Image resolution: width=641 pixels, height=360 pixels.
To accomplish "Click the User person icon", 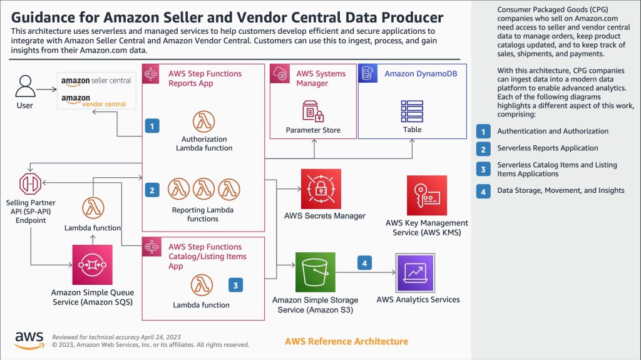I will pos(24,87).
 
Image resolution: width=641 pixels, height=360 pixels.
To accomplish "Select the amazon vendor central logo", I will pos(94,101).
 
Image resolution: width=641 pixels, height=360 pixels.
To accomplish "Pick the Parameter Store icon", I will pos(313,111).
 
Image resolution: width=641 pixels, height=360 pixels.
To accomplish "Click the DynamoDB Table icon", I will pos(412,111).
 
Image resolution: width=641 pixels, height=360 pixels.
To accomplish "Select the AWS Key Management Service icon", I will pos(427,195).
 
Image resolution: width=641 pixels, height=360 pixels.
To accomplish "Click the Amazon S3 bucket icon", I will pos(315,272).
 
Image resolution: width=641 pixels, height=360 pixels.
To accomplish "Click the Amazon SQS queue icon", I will pos(93,265).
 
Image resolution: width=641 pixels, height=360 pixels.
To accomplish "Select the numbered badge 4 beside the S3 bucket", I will pos(365,264).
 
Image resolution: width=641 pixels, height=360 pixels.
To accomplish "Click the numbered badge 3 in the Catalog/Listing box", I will pos(235,285).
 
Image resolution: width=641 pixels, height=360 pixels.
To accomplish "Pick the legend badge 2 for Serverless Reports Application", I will pos(483,148).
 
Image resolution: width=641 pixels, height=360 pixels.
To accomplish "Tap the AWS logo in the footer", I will pos(29,339).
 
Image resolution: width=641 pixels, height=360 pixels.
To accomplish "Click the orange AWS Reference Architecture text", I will pos(346,341).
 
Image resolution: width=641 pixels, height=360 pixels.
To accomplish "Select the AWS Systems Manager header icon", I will pos(279,74).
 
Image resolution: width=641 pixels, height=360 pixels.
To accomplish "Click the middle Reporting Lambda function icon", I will pos(204,188).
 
